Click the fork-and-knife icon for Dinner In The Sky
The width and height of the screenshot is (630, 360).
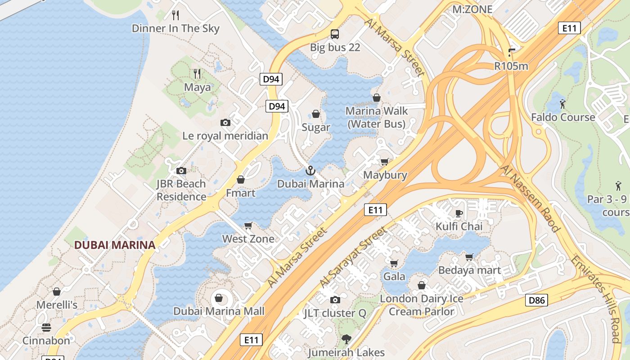[x=175, y=15]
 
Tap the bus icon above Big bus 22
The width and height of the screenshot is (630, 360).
[x=335, y=34]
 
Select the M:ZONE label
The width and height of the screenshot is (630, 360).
[x=472, y=9]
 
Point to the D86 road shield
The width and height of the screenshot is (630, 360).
[x=536, y=300]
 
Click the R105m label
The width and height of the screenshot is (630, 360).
[x=511, y=66]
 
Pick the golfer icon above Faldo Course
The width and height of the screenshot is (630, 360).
[x=562, y=104]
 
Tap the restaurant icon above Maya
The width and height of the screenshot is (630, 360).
[x=197, y=74]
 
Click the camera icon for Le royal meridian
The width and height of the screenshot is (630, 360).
[x=225, y=122]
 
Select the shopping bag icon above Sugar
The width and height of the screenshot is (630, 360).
[x=316, y=114]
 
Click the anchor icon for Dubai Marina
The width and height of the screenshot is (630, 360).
[x=310, y=171]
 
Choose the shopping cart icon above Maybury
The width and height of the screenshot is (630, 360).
[x=385, y=162]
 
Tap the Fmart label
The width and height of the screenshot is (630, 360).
[x=240, y=193]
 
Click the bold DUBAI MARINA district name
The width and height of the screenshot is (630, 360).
[x=115, y=245]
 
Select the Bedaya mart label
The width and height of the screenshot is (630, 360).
[x=469, y=270]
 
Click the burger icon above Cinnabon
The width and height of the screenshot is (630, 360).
[x=46, y=327]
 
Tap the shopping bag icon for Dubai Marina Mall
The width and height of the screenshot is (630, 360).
[x=219, y=298]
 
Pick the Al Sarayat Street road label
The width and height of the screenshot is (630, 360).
[x=353, y=257]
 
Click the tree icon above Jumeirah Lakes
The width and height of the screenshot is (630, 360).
[x=346, y=339]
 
